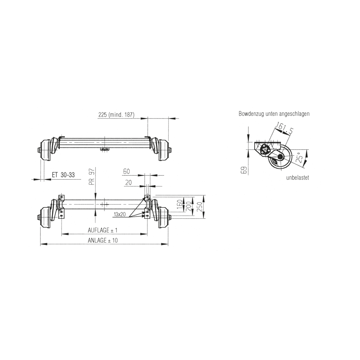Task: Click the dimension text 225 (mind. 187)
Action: pyautogui.click(x=116, y=115)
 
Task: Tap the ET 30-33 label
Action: pyautogui.click(x=63, y=175)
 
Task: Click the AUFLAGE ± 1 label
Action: pyautogui.click(x=102, y=230)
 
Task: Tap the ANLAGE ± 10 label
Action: pyautogui.click(x=103, y=240)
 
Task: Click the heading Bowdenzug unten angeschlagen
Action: pyautogui.click(x=274, y=114)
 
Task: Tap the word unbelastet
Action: pyautogui.click(x=297, y=178)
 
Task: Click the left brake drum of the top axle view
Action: pyautogui.click(x=45, y=150)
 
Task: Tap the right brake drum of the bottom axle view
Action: pyautogui.click(x=163, y=217)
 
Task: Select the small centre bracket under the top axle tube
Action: pyautogui.click(x=104, y=150)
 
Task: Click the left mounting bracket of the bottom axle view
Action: pyautogui.click(x=62, y=207)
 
